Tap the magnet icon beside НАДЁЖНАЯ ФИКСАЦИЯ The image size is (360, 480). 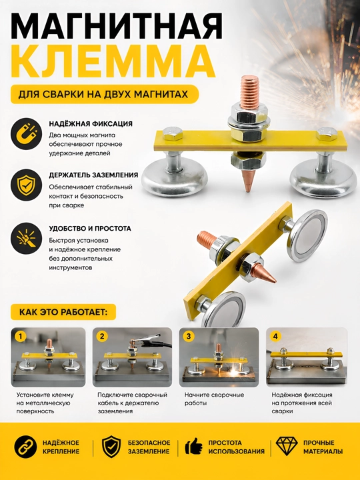tap(26, 134)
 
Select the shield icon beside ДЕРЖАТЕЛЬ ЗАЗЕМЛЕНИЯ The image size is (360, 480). tap(26, 185)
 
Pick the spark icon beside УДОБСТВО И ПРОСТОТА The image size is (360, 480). tap(26, 238)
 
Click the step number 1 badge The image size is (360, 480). tap(20, 337)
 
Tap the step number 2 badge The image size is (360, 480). tap(102, 337)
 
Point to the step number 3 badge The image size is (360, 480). tap(189, 337)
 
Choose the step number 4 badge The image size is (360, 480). tap(275, 337)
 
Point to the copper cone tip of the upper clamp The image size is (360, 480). tap(247, 181)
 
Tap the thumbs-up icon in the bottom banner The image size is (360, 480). tap(194, 446)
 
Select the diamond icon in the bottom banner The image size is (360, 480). tap(287, 446)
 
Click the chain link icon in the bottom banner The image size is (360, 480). tap(25, 447)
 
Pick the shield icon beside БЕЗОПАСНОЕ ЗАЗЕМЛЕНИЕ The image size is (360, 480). tap(111, 447)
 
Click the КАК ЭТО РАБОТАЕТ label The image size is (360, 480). tap(63, 312)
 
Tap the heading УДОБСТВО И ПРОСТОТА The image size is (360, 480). tap(90, 229)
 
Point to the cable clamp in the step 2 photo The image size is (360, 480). tap(150, 340)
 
